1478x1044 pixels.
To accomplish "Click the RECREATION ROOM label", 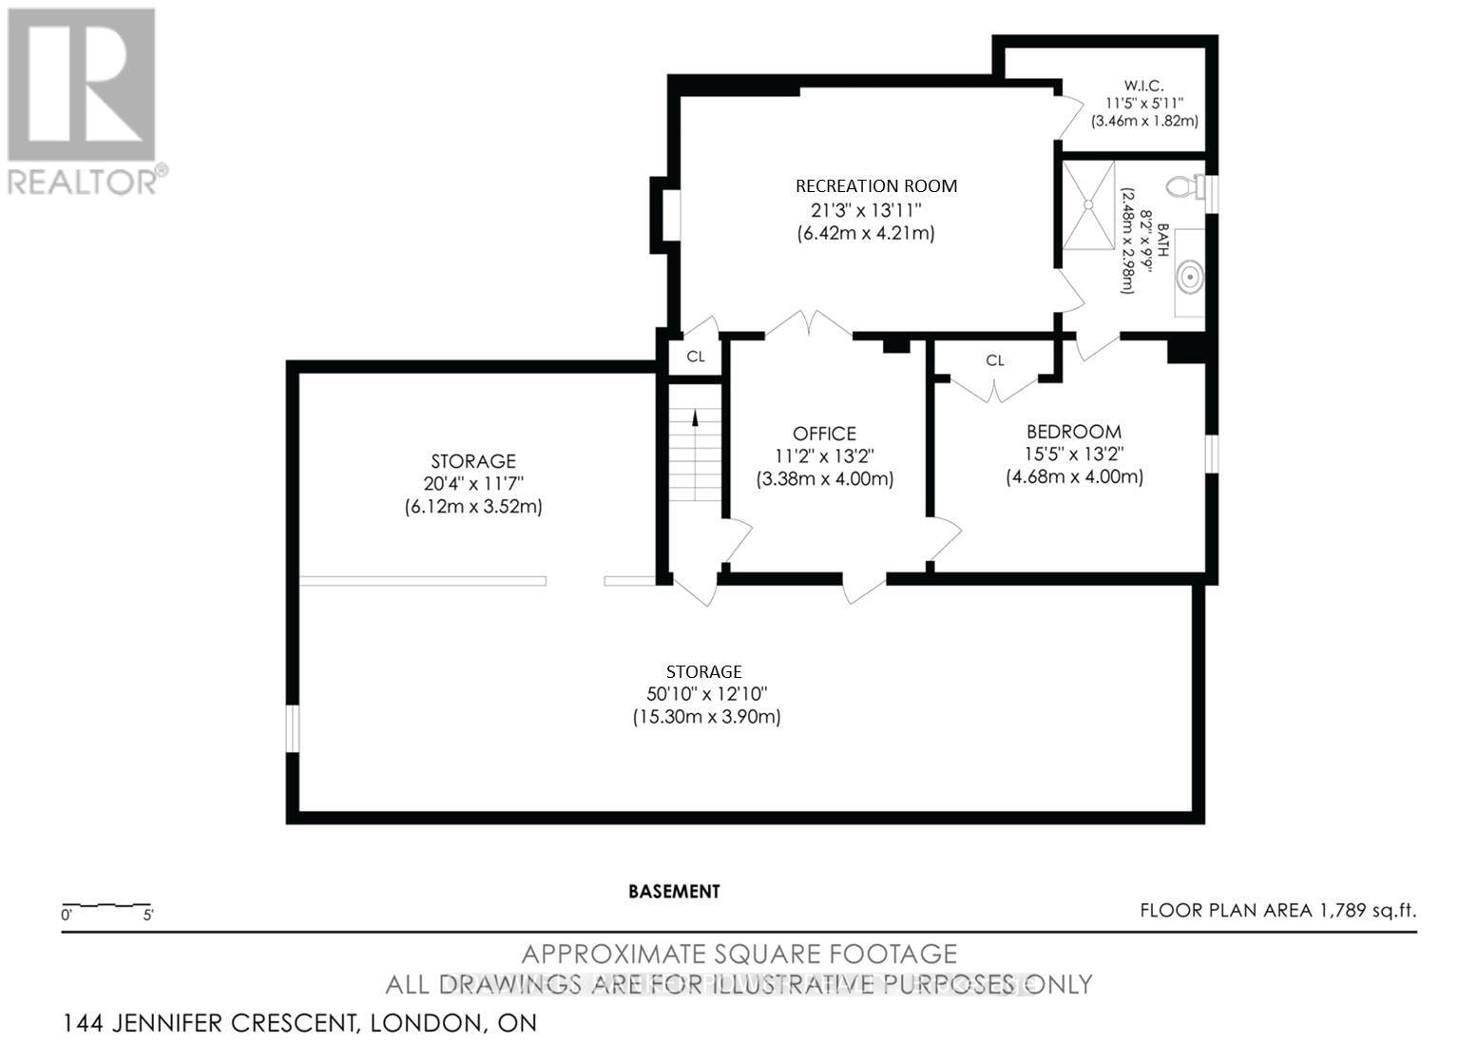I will (875, 186).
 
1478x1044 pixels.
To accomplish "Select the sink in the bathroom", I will (1186, 278).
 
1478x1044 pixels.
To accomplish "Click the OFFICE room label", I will (824, 434).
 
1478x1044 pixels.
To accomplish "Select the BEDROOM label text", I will (1073, 432).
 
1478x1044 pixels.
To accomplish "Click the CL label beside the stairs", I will (695, 357).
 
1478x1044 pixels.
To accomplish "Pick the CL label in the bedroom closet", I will (994, 360).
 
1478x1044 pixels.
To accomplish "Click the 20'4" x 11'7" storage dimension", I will (472, 484).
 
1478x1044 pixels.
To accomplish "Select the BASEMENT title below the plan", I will (674, 892).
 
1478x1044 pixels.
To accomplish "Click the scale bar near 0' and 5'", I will (106, 904).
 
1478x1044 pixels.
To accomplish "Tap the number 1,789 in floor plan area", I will (1341, 911).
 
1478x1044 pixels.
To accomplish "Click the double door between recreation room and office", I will (809, 325).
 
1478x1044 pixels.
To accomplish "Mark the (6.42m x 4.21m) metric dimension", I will (865, 233).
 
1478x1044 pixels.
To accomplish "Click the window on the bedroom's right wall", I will (1212, 453).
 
